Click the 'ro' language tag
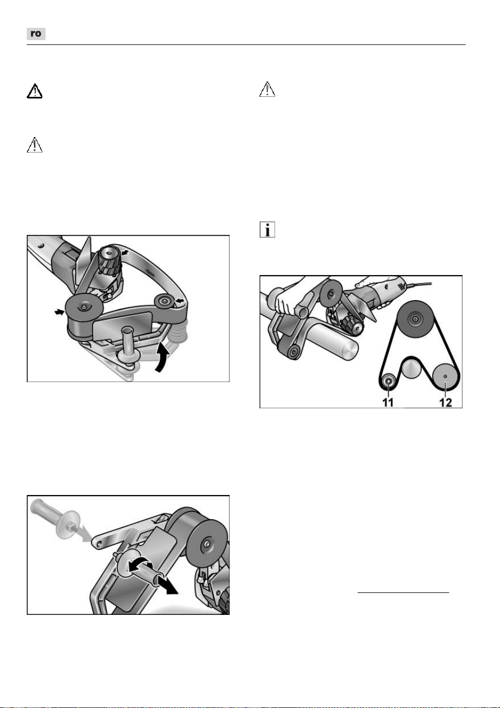[36, 34]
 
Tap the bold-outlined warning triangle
[34, 92]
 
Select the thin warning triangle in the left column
[34, 145]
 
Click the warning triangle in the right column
[267, 89]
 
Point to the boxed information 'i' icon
[267, 230]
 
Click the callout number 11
[388, 402]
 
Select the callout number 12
[445, 402]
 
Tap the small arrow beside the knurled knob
[125, 252]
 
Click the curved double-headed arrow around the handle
[140, 566]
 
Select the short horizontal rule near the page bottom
[403, 592]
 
